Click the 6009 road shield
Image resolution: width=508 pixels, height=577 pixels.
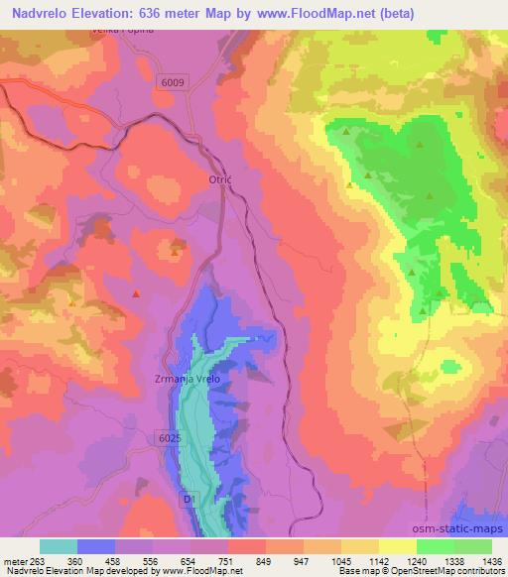[172, 83]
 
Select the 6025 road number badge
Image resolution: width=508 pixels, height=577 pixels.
[170, 437]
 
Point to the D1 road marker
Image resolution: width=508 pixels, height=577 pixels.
[189, 502]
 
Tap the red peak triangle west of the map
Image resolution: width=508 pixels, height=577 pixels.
[136, 293]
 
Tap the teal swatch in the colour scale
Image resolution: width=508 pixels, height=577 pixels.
[59, 546]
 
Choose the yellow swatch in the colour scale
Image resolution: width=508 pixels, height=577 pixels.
[397, 546]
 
